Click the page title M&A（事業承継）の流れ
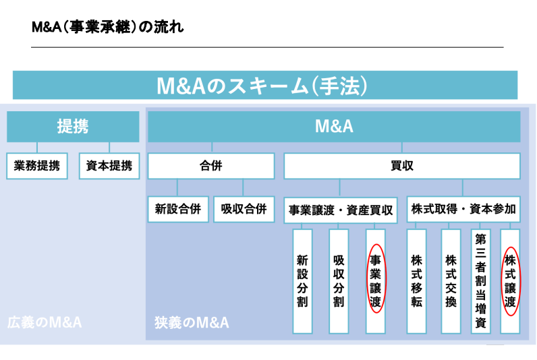107,27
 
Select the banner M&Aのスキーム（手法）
265,85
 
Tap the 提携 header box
73,126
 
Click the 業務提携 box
37,166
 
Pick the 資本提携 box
109,166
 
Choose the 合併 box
211,166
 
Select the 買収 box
402,166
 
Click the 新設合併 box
178,209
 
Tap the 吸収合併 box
244,209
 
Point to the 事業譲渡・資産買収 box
341,210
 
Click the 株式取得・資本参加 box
463,209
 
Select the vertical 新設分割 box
302,281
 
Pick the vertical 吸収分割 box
339,281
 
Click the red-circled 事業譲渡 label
376,281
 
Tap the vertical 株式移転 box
416,281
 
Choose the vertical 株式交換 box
451,281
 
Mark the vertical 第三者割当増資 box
481,281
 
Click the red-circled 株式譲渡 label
510,281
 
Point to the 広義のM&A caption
45,322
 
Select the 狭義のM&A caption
192,322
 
